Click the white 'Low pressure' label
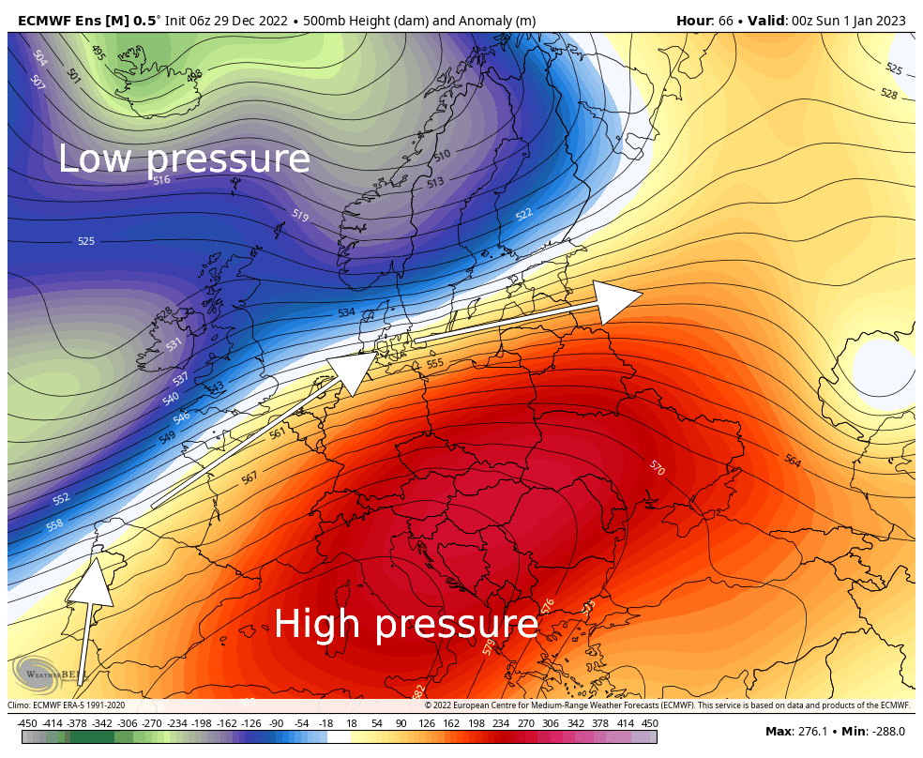pyautogui.click(x=184, y=159)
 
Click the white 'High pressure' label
pyautogui.click(x=406, y=624)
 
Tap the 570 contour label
pyautogui.click(x=657, y=467)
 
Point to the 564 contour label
pyautogui.click(x=793, y=461)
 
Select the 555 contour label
pyautogui.click(x=434, y=363)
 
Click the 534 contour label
pyautogui.click(x=346, y=312)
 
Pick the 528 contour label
pyautogui.click(x=888, y=94)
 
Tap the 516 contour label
pyautogui.click(x=161, y=179)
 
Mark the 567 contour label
pyautogui.click(x=250, y=478)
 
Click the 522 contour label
pyautogui.click(x=523, y=215)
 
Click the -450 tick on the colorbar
pyautogui.click(x=27, y=723)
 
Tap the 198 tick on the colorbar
pyautogui.click(x=477, y=723)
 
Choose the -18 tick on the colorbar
pyautogui.click(x=325, y=723)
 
